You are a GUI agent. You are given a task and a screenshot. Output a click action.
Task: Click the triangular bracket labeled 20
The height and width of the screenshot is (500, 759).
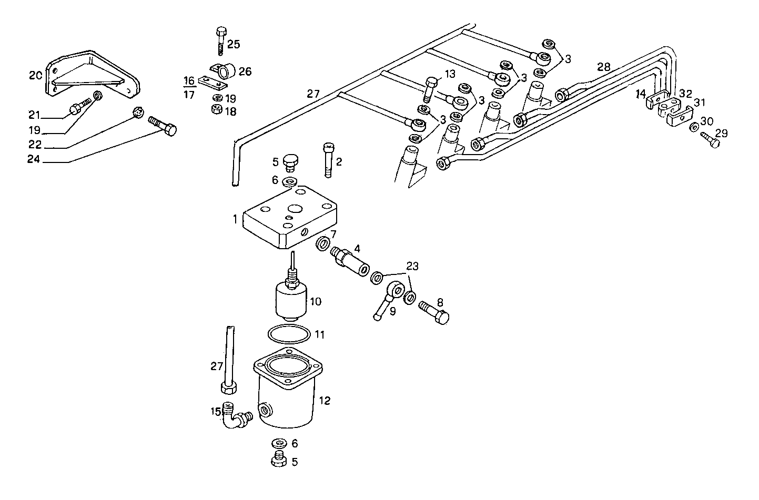(92, 76)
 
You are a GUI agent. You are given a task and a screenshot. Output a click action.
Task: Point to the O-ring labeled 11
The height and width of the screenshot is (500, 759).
(289, 334)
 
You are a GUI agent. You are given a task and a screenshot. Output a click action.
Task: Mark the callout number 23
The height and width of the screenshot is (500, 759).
(412, 267)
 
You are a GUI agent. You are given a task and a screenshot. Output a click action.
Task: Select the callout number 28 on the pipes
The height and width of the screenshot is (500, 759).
(604, 67)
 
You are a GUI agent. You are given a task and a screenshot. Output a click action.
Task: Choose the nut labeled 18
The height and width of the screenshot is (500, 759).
(215, 109)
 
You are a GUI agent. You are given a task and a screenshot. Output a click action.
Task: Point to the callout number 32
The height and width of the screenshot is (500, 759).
(685, 94)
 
